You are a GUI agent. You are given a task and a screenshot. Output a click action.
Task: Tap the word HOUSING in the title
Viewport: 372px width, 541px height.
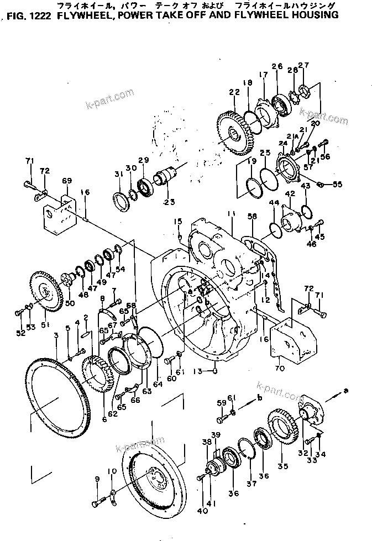[x=313, y=15]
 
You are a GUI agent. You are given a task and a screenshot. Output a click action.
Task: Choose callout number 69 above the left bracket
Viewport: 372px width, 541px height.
[x=67, y=181]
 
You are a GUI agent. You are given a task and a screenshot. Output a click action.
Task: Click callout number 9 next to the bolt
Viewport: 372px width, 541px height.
[x=97, y=479]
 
